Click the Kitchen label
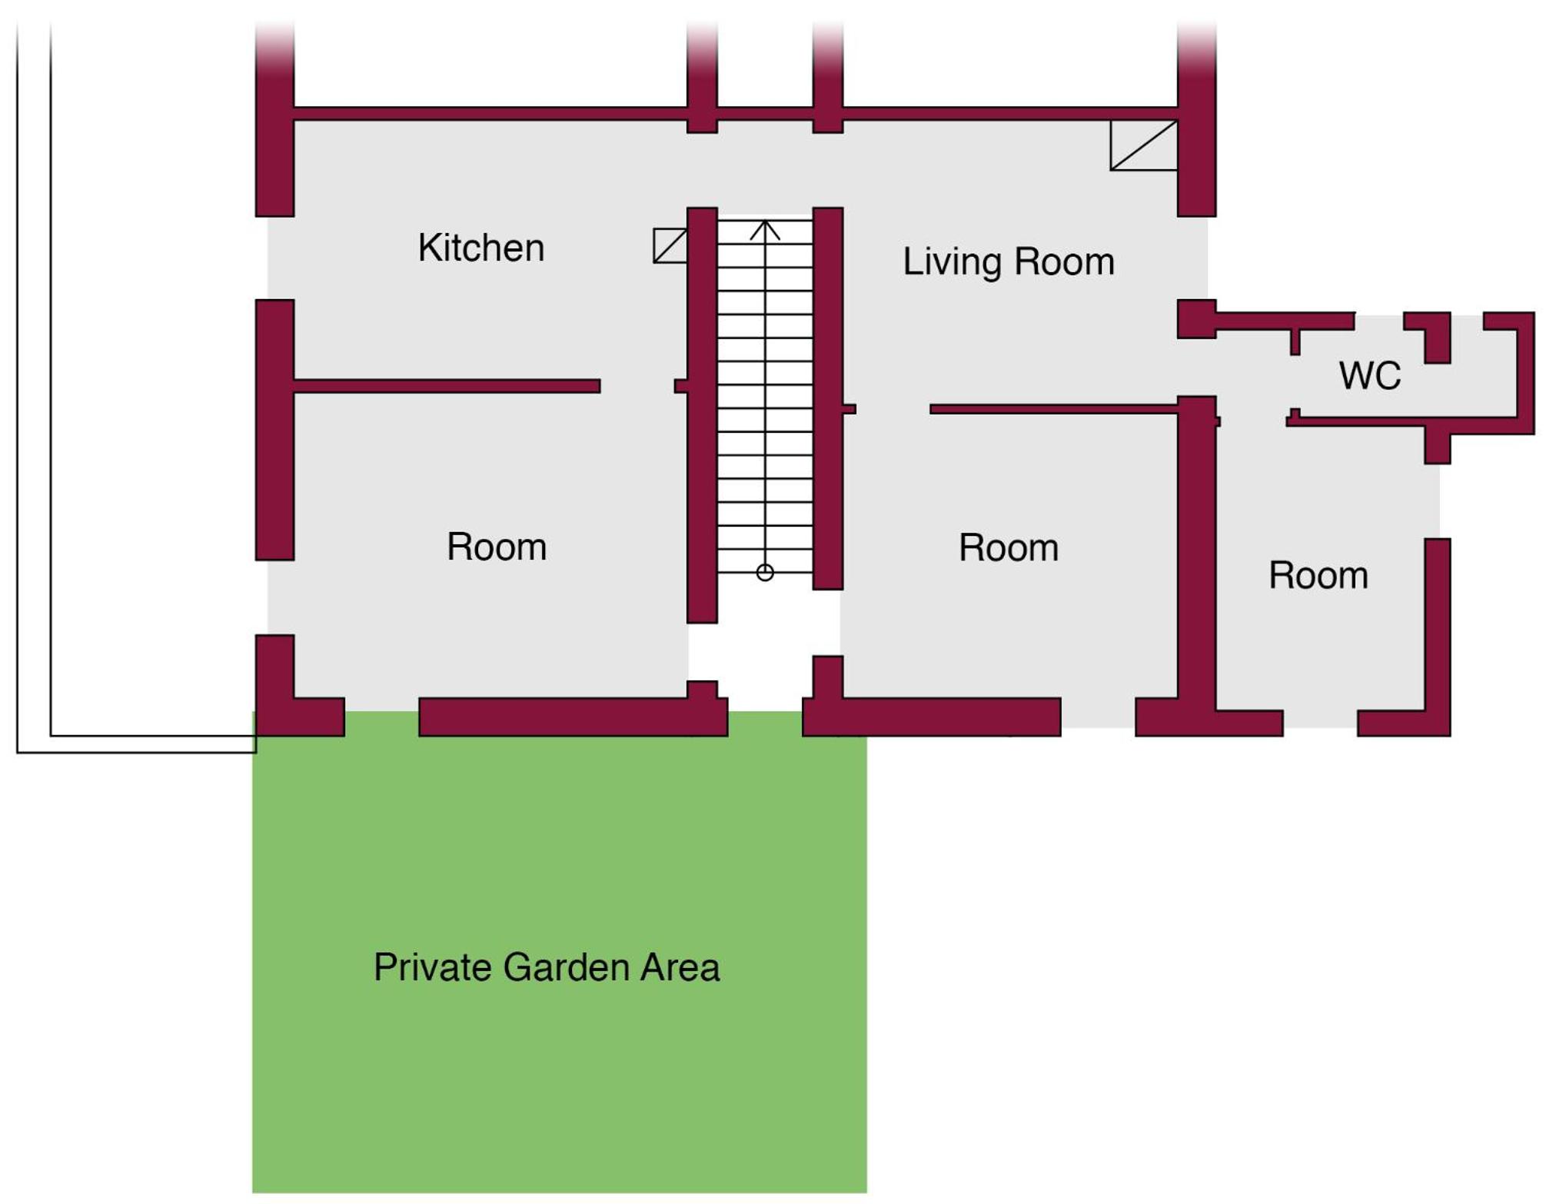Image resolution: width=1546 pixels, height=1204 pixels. tap(481, 248)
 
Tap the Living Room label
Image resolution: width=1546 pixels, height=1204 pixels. tap(1009, 262)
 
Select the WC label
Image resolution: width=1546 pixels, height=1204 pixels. tap(1370, 376)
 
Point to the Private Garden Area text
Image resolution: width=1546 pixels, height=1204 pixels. tap(547, 967)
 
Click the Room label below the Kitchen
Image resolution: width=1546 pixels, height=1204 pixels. tap(497, 547)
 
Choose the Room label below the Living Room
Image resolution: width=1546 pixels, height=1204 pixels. tap(1009, 547)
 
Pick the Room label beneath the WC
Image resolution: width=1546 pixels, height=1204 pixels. tap(1318, 575)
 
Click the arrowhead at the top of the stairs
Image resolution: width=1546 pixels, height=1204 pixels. tap(765, 229)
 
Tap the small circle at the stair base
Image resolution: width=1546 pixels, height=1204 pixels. tap(765, 572)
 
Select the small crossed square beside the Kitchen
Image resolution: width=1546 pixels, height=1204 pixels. tap(670, 245)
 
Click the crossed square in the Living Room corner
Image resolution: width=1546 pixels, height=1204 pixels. tap(1144, 145)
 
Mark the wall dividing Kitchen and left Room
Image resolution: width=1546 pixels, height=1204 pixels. tap(447, 386)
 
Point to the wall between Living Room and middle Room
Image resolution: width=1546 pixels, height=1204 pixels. tap(1054, 409)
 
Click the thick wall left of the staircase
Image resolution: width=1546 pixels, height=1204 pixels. tap(702, 415)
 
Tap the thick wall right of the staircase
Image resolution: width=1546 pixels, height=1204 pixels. tap(828, 398)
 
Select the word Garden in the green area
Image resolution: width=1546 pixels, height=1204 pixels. tap(567, 967)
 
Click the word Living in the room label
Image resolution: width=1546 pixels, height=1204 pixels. tap(953, 262)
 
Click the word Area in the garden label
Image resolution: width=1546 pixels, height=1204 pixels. tap(680, 967)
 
